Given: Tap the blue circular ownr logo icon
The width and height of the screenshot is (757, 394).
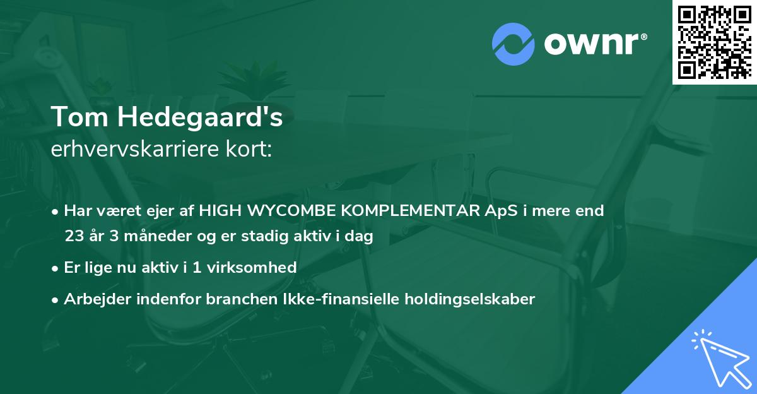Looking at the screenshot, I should pos(513,44).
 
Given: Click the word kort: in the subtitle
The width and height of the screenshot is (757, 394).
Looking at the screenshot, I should pos(249,149).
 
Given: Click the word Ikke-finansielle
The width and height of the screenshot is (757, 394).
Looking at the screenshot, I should pos(326,299).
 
